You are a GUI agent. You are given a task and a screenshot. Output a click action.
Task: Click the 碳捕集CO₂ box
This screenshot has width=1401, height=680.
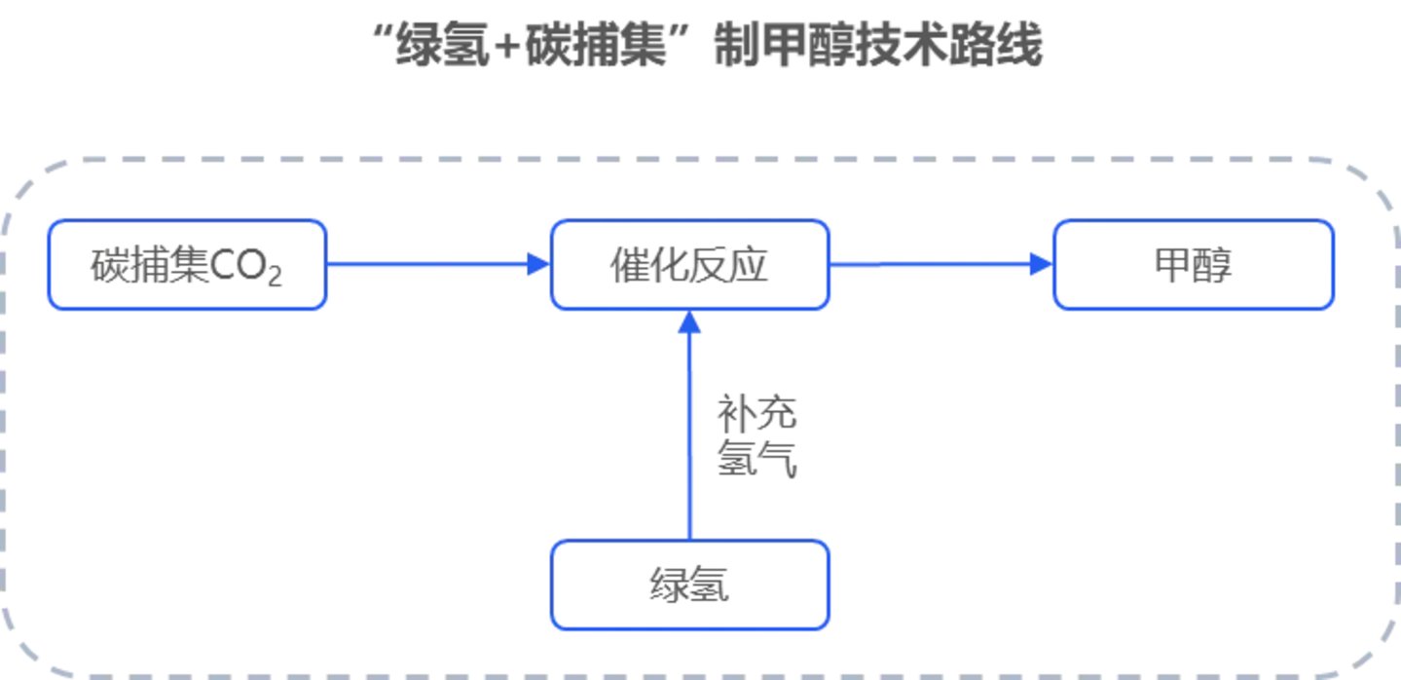point(187,265)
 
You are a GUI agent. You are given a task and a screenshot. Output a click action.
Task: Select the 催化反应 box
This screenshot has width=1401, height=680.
point(689,265)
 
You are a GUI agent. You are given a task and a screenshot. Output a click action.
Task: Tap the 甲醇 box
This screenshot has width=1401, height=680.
point(1193,265)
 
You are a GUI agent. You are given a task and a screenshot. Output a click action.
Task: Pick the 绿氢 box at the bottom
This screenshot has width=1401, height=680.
point(689,586)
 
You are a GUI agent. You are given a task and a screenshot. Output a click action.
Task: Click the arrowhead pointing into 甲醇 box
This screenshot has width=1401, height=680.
point(1042,264)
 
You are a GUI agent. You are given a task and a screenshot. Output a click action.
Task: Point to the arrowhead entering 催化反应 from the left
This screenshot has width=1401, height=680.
point(538,264)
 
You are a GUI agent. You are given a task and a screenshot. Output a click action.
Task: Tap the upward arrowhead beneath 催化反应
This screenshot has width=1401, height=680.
point(689,322)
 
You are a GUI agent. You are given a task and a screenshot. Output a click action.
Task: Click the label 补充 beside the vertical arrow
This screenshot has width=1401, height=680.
point(757,413)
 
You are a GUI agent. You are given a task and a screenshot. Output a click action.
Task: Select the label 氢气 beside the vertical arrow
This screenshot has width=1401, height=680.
point(757,459)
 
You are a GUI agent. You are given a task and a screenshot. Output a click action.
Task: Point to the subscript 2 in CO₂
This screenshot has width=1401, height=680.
point(275,278)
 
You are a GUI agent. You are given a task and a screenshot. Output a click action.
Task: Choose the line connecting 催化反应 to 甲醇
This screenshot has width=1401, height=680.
point(930,264)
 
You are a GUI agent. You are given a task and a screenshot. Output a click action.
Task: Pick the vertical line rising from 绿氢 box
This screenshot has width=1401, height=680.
point(689,438)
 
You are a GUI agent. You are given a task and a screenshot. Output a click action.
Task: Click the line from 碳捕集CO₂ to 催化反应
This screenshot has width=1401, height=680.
point(428,264)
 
